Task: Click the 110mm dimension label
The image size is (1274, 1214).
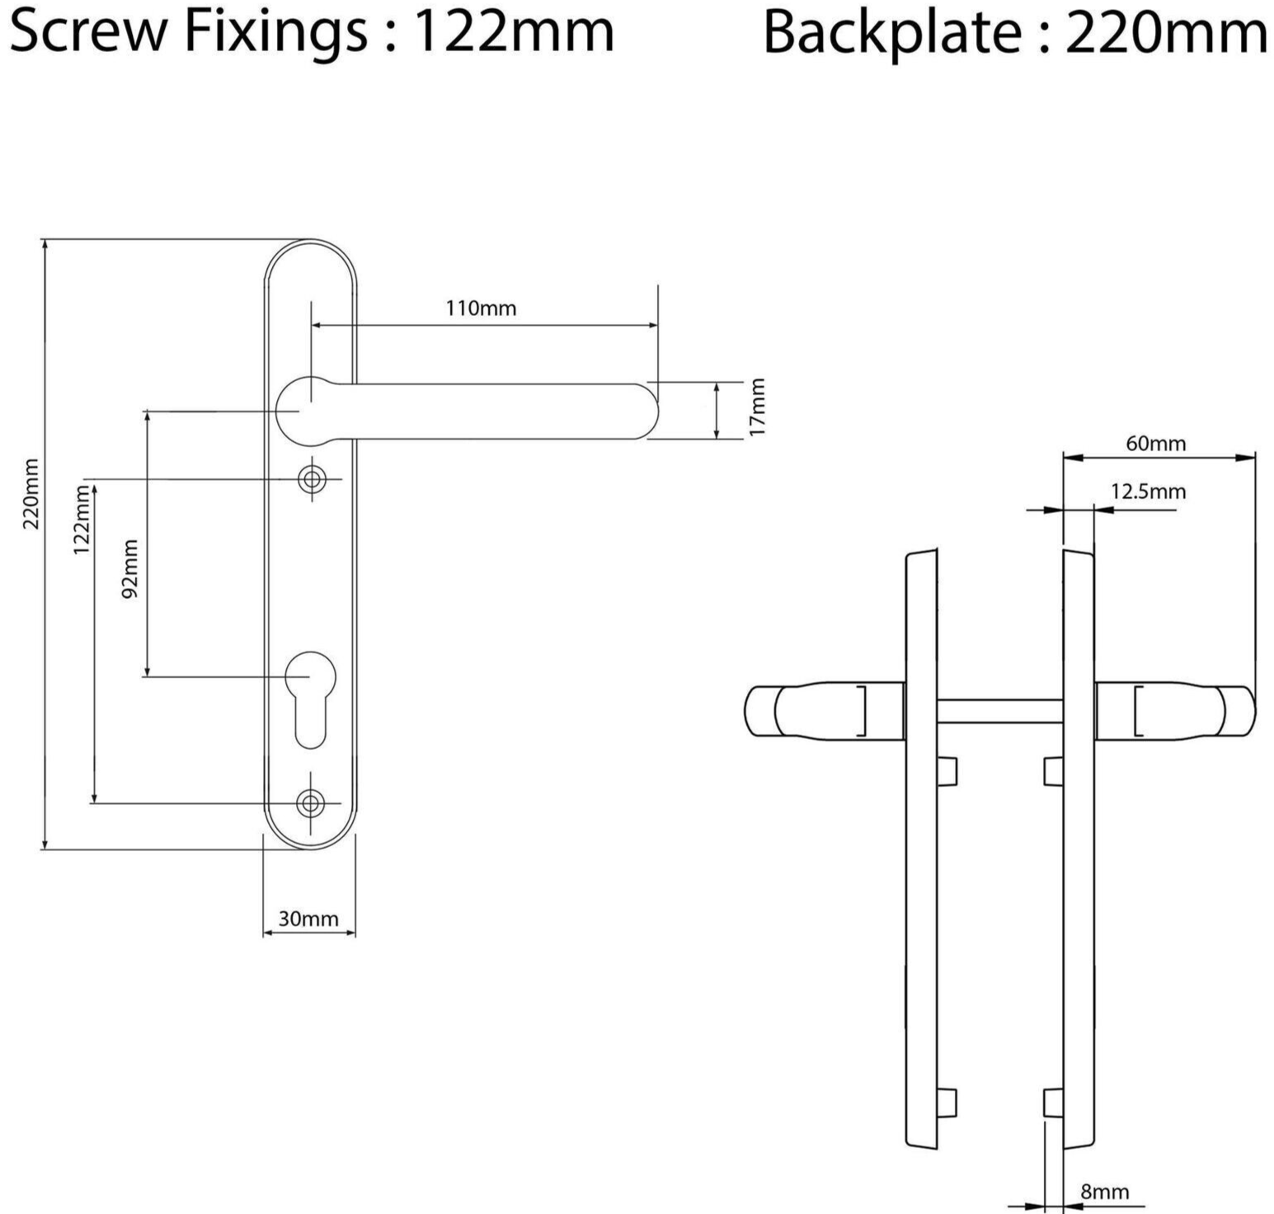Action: pyautogui.click(x=481, y=308)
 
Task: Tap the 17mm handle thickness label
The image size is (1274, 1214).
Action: pyautogui.click(x=757, y=406)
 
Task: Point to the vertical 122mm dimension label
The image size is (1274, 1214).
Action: pyautogui.click(x=80, y=520)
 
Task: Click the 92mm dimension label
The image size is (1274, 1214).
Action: pyautogui.click(x=130, y=569)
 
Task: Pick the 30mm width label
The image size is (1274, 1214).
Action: pyautogui.click(x=308, y=919)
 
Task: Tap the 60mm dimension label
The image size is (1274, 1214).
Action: pyautogui.click(x=1155, y=444)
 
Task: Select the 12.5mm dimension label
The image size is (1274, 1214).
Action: pyautogui.click(x=1148, y=492)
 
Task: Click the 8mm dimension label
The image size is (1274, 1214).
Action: pyautogui.click(x=1104, y=1192)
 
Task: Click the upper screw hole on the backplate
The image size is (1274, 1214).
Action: pyautogui.click(x=312, y=479)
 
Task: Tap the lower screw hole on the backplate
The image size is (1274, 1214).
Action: pyautogui.click(x=311, y=802)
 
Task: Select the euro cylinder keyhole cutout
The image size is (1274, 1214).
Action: pyautogui.click(x=311, y=697)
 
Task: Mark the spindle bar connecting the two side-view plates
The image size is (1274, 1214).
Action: pyautogui.click(x=999, y=710)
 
